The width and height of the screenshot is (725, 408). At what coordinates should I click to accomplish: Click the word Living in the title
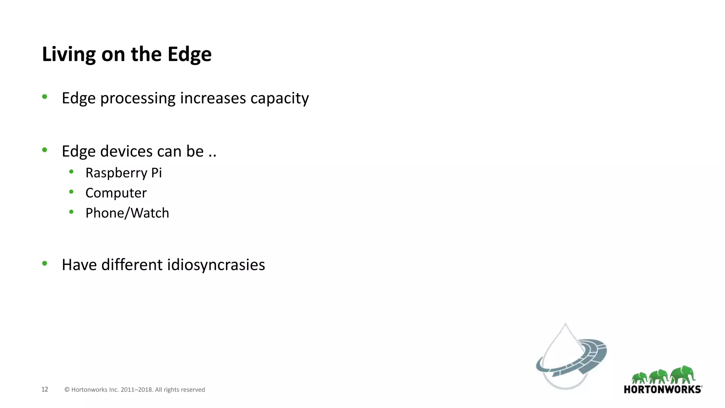tap(69, 55)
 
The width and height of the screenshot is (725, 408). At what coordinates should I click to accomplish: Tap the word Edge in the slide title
tap(189, 55)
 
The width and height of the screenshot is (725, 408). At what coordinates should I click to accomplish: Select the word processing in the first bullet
tap(138, 98)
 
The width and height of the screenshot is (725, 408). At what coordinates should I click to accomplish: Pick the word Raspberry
tap(116, 173)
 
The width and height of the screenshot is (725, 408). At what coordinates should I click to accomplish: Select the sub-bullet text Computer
tap(116, 193)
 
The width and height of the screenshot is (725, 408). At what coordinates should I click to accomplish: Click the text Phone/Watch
tap(127, 213)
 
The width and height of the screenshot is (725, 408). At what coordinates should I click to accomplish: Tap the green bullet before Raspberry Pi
tap(72, 172)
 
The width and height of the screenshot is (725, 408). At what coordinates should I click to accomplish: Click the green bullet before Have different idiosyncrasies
tap(45, 263)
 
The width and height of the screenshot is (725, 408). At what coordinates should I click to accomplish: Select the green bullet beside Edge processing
tap(45, 96)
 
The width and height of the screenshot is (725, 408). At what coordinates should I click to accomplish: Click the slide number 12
tap(45, 389)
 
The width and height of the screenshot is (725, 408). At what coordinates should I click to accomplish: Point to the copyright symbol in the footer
tap(67, 390)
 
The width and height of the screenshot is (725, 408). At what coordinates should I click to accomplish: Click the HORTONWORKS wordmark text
tap(662, 390)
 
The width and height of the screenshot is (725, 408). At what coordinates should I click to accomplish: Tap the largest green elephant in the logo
tap(683, 374)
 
